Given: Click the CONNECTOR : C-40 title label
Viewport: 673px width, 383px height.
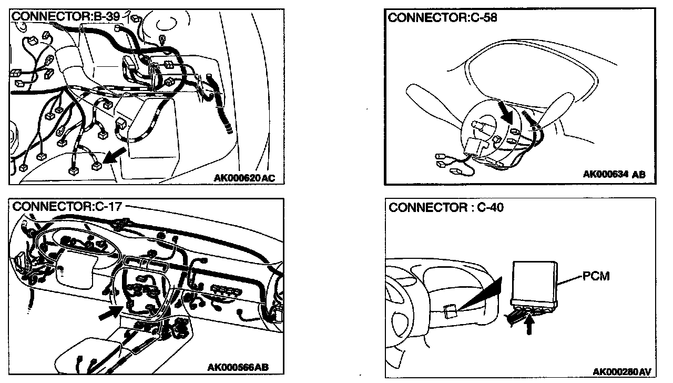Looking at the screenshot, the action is pyautogui.click(x=446, y=208).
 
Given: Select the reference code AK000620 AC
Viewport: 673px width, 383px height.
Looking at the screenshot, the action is pyautogui.click(x=244, y=178).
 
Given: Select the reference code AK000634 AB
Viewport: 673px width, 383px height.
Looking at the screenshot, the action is pyautogui.click(x=614, y=174).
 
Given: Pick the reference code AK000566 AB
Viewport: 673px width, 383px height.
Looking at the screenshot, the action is pyautogui.click(x=238, y=367).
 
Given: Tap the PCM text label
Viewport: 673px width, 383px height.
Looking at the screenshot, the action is pyautogui.click(x=596, y=276).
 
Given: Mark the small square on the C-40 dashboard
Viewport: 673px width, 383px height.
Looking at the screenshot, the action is pyautogui.click(x=450, y=312).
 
